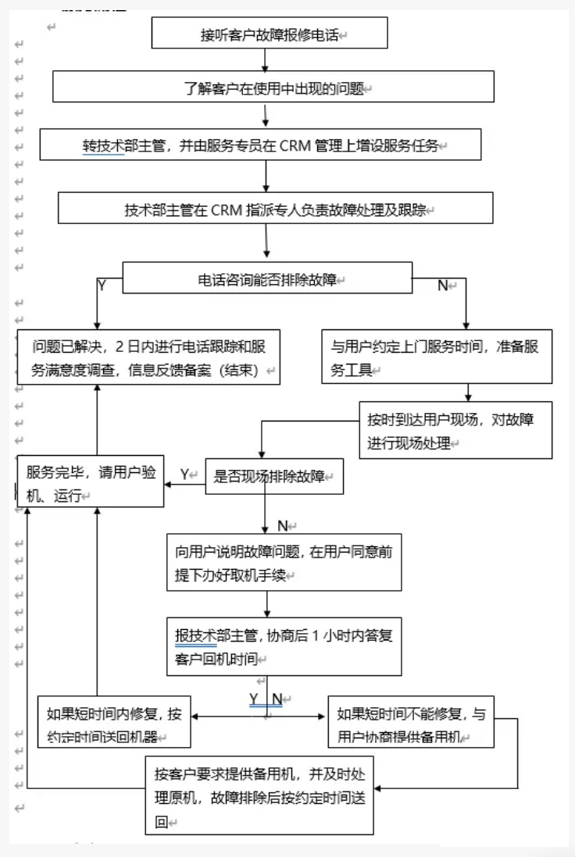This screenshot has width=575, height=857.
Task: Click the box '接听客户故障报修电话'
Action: coord(269,35)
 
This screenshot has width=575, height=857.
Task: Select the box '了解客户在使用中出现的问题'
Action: coord(273,87)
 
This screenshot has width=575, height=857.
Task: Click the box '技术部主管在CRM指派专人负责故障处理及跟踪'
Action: coord(275,209)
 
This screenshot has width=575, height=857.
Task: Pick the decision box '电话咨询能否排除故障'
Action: coord(267,279)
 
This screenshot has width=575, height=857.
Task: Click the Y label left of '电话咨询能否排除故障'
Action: coord(102,286)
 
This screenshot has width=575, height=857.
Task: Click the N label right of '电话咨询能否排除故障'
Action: coord(442,286)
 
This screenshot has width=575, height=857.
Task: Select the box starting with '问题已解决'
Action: coord(148,357)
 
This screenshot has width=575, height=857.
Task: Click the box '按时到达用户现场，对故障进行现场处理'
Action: coord(455,430)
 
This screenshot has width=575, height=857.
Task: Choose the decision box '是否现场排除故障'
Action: coord(274,475)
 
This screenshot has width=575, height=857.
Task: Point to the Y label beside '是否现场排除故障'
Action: coord(185,474)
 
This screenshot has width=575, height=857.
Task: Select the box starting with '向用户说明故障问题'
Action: coord(284,562)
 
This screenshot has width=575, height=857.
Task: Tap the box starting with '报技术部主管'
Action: coord(284,646)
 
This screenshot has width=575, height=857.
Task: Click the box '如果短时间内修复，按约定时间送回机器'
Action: coord(115,724)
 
